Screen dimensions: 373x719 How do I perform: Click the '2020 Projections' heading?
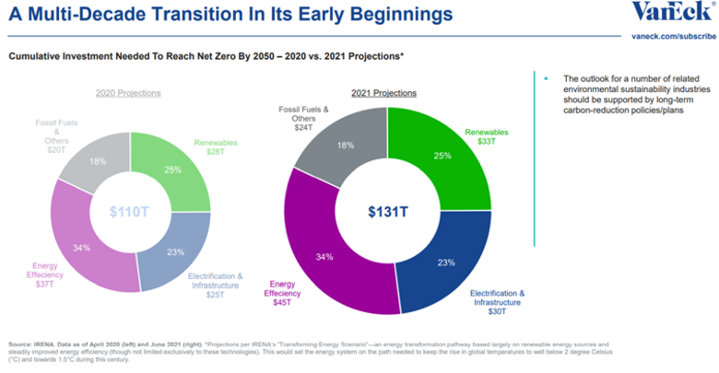click(129, 93)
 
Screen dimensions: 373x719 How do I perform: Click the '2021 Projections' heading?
click(385, 93)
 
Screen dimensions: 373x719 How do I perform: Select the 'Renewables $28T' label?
click(216, 147)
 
